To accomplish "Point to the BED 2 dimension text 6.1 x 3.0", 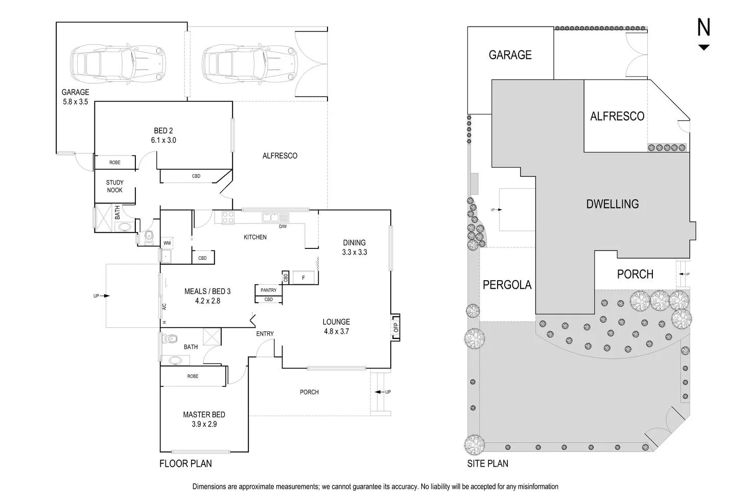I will [163, 140].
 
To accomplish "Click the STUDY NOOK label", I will [114, 186].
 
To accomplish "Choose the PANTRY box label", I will [268, 290].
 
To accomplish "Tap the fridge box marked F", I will [303, 278].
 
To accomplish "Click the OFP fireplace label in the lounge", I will [395, 327].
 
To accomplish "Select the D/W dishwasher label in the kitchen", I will [283, 226].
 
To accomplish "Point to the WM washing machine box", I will [167, 243].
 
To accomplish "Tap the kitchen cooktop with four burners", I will [225, 218].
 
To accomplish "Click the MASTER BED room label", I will [204, 415].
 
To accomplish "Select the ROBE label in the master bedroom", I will [193, 376].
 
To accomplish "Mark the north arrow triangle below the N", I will [704, 48].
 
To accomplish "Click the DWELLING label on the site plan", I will [612, 204].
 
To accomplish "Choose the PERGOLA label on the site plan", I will [507, 285].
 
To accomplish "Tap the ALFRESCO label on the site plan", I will [617, 116].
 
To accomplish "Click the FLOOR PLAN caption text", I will [185, 464].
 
